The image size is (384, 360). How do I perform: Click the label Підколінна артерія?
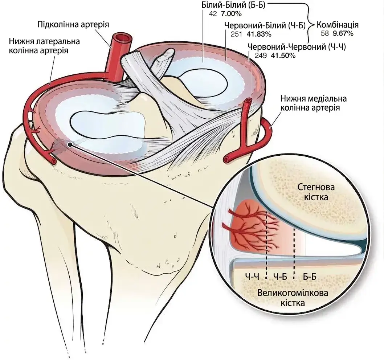click(x=73, y=25)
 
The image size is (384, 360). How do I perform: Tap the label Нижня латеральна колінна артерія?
click(x=44, y=46)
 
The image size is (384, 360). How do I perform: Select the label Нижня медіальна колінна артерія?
click(x=314, y=103)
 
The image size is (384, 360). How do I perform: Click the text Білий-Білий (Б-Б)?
click(x=233, y=5)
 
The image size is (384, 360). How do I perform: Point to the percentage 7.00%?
click(x=231, y=14)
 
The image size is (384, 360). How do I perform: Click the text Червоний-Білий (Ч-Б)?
click(x=265, y=25)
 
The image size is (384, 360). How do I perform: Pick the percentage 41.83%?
click(x=259, y=34)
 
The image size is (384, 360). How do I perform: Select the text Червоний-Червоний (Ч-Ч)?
click(x=297, y=46)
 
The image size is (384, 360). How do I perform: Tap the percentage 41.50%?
click(x=283, y=56)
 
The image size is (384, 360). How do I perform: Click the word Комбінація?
click(x=338, y=25)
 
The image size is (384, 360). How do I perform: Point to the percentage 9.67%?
click(x=343, y=33)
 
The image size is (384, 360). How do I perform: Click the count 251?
click(x=236, y=34)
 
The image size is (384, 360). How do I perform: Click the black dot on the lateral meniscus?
click(x=70, y=145)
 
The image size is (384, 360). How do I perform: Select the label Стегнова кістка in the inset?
click(x=316, y=192)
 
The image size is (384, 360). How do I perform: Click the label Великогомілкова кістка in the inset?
click(x=293, y=298)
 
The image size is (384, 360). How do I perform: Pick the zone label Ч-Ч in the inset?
click(x=252, y=277)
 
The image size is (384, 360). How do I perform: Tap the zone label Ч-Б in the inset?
click(x=280, y=277)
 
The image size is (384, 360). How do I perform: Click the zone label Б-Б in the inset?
click(x=310, y=277)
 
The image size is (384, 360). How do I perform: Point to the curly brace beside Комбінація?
click(x=311, y=24)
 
